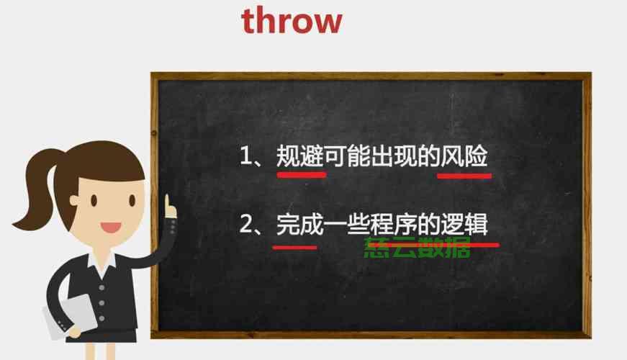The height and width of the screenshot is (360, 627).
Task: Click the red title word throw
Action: pos(292,21)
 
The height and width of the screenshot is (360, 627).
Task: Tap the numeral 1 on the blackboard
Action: pos(245,156)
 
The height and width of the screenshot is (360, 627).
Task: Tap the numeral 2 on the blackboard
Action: pos(246,224)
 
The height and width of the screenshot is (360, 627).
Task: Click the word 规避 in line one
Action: pos(300,156)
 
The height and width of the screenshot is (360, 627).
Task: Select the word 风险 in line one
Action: pos(464,156)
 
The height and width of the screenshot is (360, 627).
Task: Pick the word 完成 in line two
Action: pos(300,224)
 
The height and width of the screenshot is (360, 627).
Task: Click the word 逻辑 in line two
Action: pos(464,224)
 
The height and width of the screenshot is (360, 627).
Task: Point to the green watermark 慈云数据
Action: pos(417,248)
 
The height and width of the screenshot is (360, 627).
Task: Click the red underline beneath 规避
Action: pos(302,174)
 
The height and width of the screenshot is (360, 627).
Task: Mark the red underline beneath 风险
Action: pos(464,176)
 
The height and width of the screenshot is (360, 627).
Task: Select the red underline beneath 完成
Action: pos(294,248)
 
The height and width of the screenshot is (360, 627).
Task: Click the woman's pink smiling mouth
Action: pos(110,228)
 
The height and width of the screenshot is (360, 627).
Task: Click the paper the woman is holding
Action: pos(70,316)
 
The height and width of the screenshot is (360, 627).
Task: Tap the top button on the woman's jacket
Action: pos(102,287)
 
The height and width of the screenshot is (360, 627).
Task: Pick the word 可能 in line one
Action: pos(347,156)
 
